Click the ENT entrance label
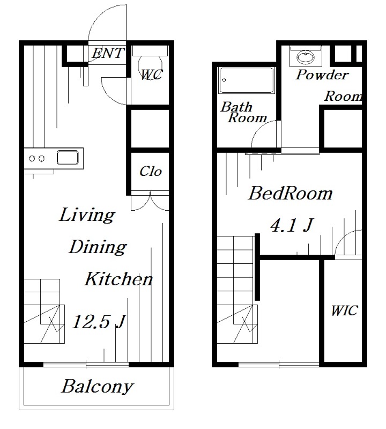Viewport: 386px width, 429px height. (x=108, y=53)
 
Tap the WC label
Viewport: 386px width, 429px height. (x=152, y=75)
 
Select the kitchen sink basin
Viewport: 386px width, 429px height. (x=68, y=158)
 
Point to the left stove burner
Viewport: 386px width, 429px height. (x=32, y=158)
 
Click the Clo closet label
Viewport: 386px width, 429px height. (x=151, y=172)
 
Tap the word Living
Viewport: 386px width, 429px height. (x=87, y=215)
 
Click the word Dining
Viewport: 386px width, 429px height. (x=98, y=247)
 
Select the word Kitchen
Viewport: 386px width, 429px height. (x=118, y=279)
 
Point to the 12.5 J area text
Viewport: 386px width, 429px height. (x=99, y=321)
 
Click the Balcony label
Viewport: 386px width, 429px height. (x=98, y=387)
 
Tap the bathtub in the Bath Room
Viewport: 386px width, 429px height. (x=246, y=80)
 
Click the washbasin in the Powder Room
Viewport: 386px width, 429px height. (x=306, y=57)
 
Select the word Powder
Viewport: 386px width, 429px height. (x=322, y=75)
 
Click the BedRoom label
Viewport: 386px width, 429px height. (x=290, y=193)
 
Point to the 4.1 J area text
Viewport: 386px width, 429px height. (x=292, y=225)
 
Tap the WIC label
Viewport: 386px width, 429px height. (x=344, y=310)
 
